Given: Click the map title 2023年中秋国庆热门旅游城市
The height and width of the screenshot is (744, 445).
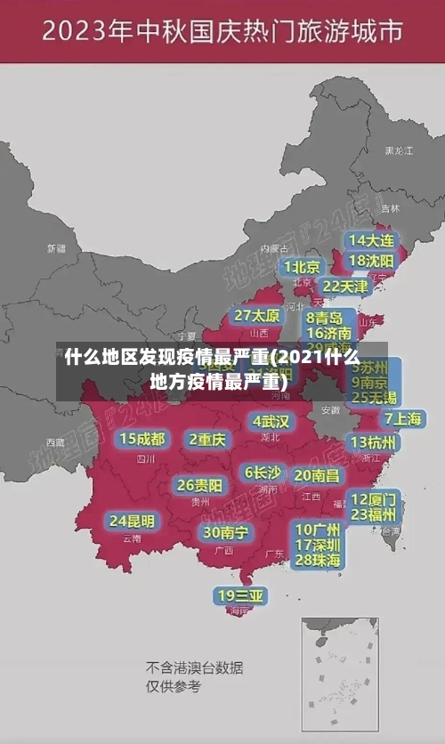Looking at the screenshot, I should (x=222, y=34).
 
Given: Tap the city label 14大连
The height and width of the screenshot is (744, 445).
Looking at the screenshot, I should (x=371, y=240).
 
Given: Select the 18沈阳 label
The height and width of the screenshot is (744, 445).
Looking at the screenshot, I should (x=371, y=260).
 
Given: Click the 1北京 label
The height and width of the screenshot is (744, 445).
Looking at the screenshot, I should (x=303, y=266).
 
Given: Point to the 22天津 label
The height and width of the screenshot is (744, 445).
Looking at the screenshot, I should (x=344, y=286).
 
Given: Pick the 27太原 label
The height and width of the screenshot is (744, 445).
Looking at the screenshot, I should (x=257, y=315).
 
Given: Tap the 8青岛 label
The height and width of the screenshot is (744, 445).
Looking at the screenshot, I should (x=325, y=317).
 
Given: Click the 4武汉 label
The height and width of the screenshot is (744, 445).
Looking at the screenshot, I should (x=271, y=420).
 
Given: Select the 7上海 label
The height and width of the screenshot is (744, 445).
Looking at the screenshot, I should (x=402, y=418).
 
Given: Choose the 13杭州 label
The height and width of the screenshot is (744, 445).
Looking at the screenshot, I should (x=374, y=441).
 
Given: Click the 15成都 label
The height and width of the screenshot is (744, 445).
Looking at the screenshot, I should (x=142, y=438).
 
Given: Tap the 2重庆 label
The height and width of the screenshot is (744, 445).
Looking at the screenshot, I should (x=207, y=439).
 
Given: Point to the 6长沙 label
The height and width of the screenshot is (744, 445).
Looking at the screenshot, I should (x=263, y=472).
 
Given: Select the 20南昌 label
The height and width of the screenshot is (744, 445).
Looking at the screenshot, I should (x=317, y=475).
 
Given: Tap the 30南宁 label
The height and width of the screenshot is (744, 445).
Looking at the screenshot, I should (x=225, y=531).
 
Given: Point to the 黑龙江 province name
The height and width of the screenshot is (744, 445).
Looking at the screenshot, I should (x=399, y=151).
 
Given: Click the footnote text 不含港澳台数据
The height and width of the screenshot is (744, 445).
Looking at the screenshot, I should (x=194, y=667).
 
